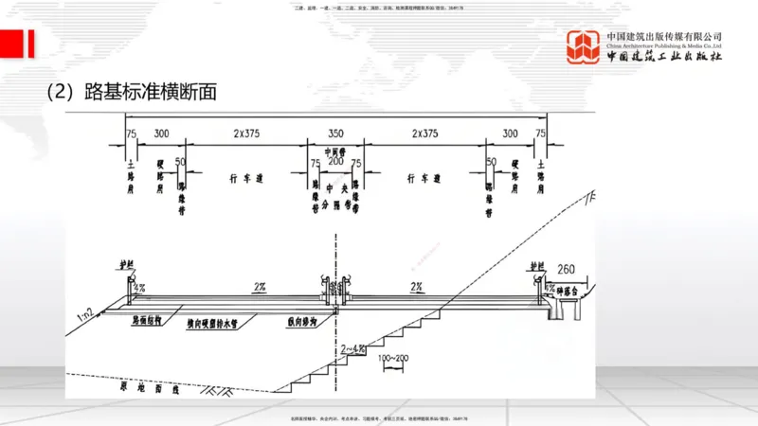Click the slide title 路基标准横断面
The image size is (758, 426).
coord(133,92)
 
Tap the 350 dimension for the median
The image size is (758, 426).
coord(334,134)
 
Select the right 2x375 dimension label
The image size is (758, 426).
coord(424,134)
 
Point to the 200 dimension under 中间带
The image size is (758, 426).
coord(334,161)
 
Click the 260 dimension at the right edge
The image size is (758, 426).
coord(567,267)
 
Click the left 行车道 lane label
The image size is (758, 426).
coord(244,177)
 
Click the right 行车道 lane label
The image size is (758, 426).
coord(424,177)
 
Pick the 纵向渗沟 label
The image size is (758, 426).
coord(300,321)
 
